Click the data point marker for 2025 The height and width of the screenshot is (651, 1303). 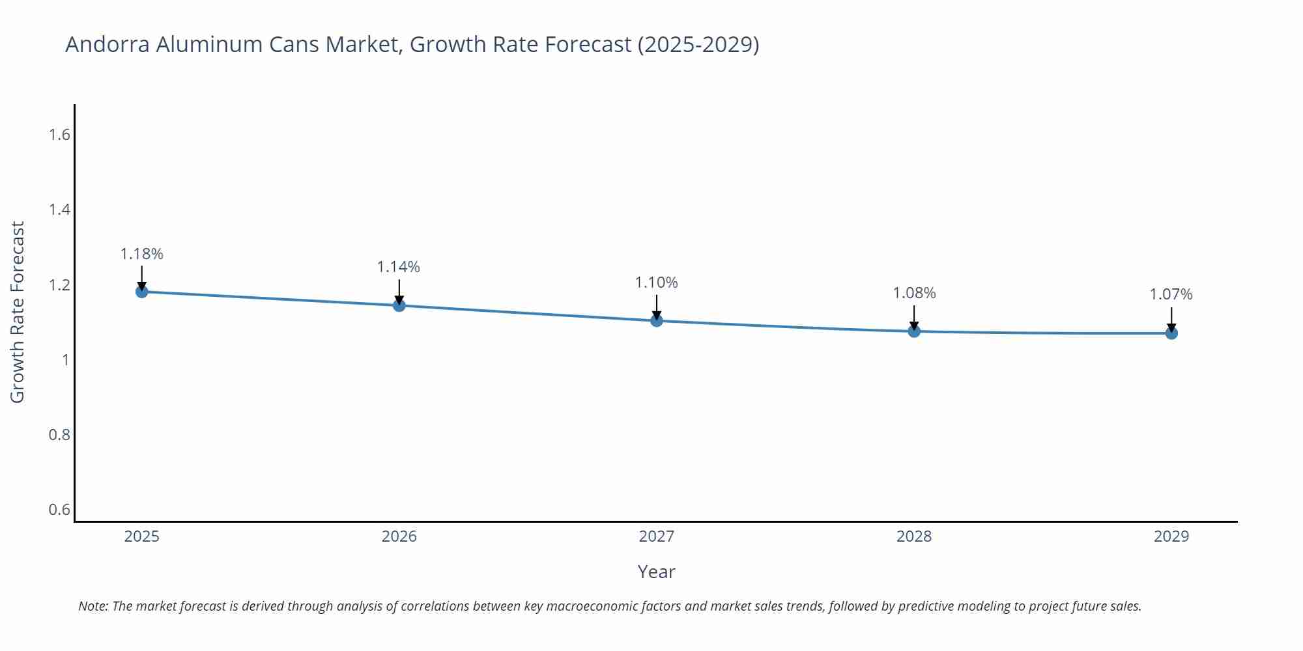click(x=141, y=291)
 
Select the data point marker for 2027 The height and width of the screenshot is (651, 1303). click(x=656, y=320)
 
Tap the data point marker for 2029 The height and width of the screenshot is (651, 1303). click(x=1171, y=333)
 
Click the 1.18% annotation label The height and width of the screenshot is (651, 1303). click(x=141, y=254)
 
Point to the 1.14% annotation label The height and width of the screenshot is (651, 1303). click(x=399, y=267)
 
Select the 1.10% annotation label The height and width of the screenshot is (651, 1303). click(x=656, y=283)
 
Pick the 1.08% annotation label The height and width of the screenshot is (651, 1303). click(x=914, y=293)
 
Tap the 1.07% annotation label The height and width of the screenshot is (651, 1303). click(x=1171, y=294)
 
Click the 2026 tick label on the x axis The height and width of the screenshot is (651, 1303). click(x=399, y=536)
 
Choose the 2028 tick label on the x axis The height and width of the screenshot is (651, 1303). click(x=914, y=536)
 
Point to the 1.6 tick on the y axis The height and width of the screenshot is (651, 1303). click(x=59, y=135)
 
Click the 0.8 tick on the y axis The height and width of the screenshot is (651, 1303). click(x=59, y=434)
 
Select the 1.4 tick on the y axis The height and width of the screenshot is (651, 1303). click(x=59, y=210)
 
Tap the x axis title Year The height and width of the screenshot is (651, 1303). click(x=656, y=572)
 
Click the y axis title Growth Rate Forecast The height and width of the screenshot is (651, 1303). click(x=18, y=312)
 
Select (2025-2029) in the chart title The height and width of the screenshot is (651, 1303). click(x=698, y=44)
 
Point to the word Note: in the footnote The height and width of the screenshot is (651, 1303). click(x=93, y=606)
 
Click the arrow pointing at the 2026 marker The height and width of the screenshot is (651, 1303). click(x=399, y=291)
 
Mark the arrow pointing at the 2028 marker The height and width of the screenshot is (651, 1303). click(x=914, y=317)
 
